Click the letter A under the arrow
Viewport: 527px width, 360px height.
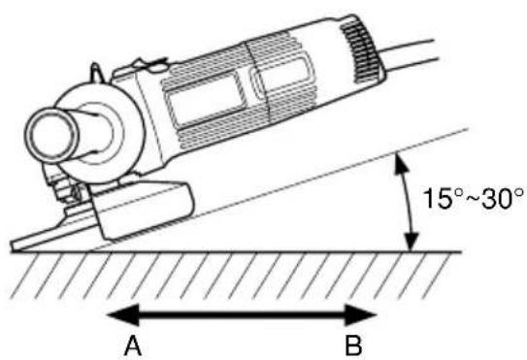click(133, 346)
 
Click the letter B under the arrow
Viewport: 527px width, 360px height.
click(353, 345)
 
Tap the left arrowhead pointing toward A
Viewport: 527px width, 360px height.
click(123, 315)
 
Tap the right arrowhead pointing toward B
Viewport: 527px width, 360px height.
click(360, 315)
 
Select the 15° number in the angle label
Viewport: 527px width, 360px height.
click(444, 198)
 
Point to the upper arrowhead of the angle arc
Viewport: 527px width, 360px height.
click(399, 163)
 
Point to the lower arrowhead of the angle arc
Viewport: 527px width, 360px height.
click(412, 242)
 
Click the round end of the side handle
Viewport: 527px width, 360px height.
click(51, 136)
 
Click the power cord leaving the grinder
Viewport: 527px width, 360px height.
click(410, 55)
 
